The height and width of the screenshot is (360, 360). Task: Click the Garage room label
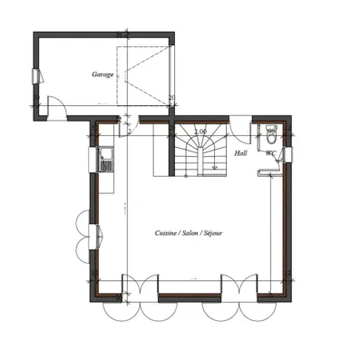tap(103, 74)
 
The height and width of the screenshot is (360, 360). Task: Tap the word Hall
tap(240, 153)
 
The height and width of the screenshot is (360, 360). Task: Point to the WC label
tap(270, 153)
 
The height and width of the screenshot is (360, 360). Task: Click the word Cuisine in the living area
tap(167, 233)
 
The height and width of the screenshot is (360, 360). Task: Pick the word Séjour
tap(216, 233)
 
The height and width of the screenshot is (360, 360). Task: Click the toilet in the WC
tap(271, 139)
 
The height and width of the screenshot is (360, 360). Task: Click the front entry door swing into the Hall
tap(240, 126)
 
